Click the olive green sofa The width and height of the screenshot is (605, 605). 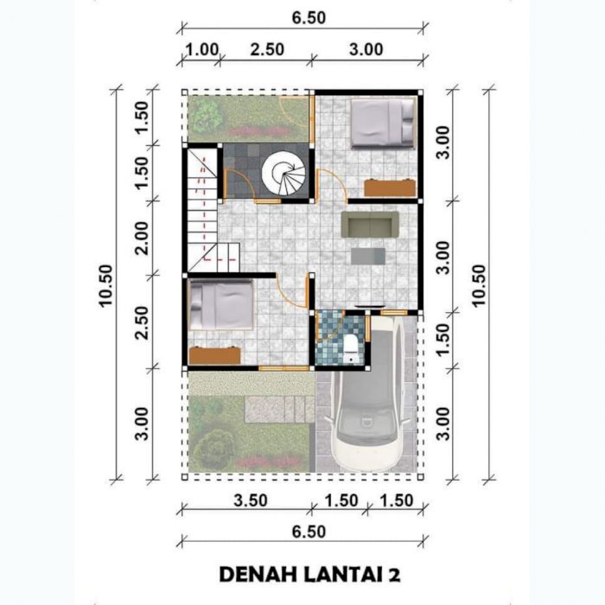point(370,224)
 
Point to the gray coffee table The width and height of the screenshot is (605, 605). point(368,256)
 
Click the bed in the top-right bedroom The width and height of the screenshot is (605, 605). point(382,123)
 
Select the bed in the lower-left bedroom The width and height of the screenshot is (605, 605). point(221,305)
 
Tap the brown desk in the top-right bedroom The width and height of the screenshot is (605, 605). point(390,188)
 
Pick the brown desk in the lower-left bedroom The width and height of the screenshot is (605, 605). point(215,355)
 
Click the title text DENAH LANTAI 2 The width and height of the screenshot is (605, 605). point(309,575)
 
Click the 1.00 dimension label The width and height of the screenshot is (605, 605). point(202,50)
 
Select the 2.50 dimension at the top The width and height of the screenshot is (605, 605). point(267,50)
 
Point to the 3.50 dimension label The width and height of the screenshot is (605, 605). point(251,500)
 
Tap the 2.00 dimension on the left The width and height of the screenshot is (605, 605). point(141,238)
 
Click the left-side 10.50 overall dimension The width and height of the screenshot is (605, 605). point(105,285)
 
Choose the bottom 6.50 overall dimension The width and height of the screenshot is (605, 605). point(309,532)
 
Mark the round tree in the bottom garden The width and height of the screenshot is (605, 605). point(214,449)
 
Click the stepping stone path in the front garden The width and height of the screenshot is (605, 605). point(279,409)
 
